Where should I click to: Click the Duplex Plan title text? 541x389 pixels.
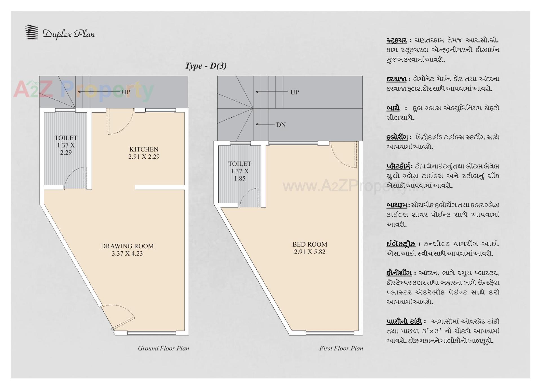pos(68,34)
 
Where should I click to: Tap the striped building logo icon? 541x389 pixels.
pos(31,32)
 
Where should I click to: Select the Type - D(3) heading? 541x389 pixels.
pos(206,66)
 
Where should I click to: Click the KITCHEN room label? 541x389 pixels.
pos(144,149)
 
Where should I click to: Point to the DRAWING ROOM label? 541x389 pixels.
pos(127,246)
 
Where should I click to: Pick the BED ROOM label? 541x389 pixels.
pos(310,244)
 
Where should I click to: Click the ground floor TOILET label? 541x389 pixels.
pos(66,138)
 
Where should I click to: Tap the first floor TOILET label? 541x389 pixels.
pos(240,164)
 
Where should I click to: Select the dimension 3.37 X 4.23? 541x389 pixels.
pos(127,254)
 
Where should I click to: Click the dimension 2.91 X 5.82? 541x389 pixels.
pos(310,252)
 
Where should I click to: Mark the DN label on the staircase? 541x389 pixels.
pos(281,125)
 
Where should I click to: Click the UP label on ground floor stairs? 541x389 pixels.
pos(126,92)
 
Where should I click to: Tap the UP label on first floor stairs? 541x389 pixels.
pos(294,92)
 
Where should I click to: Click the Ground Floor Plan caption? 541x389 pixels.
pos(163,348)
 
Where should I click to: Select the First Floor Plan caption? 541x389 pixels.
pos(341,348)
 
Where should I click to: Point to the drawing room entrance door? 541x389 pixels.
pos(121,317)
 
